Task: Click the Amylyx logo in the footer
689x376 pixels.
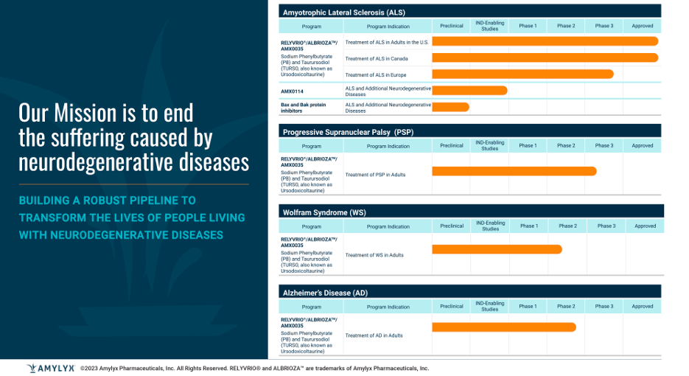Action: pos(50,368)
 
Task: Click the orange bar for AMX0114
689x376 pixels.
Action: pos(469,91)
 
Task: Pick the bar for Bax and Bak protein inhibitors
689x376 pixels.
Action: pos(450,107)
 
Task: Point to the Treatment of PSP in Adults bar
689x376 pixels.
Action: pos(514,171)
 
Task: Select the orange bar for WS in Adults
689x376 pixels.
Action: pos(496,249)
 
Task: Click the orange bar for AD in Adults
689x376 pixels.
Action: pos(503,327)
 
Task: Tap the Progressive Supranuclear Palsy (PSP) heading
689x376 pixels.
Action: pos(348,132)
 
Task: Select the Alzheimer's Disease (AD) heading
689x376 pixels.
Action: pos(325,293)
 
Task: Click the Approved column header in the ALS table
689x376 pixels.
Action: pos(642,26)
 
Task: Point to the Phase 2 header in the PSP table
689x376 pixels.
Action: pos(566,146)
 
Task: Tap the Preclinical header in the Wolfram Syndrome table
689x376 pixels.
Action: pos(452,226)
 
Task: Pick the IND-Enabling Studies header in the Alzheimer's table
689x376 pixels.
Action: pos(489,306)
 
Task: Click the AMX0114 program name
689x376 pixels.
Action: pos(292,91)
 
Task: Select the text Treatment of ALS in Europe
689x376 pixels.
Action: pos(376,74)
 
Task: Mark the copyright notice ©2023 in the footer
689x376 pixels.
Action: pos(90,368)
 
